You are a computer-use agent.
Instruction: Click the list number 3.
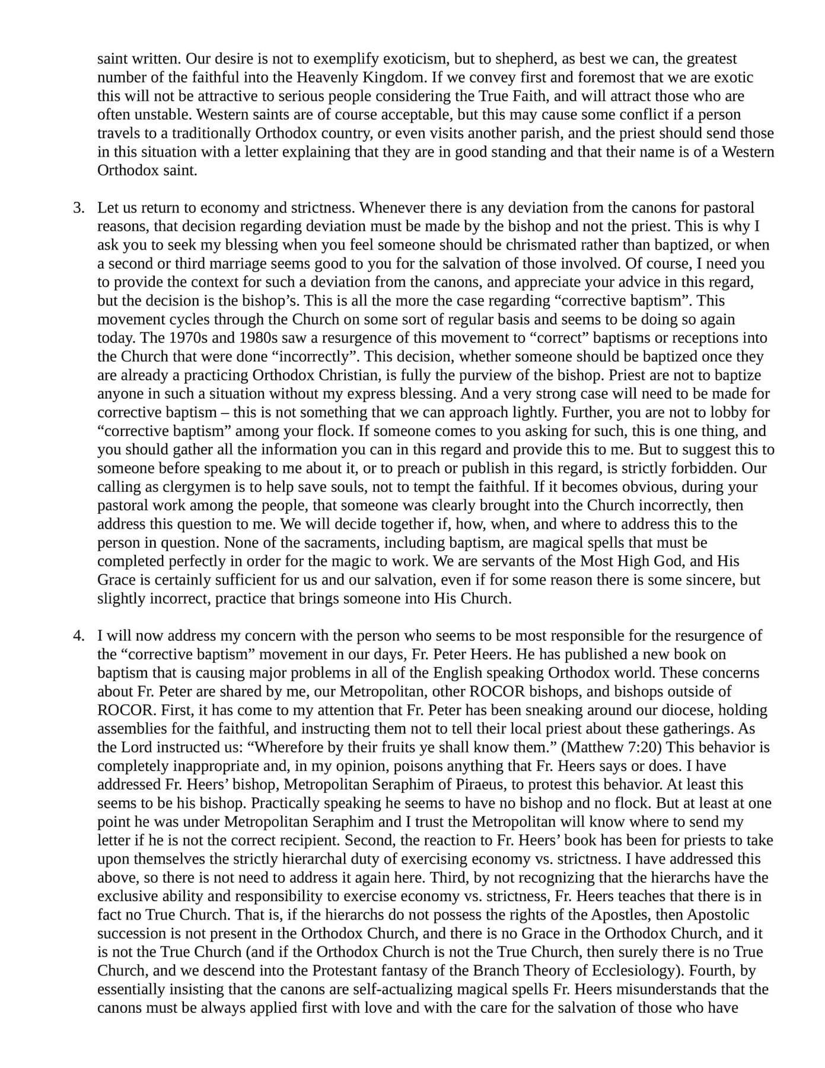(78, 208)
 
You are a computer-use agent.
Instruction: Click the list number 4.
(78, 636)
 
